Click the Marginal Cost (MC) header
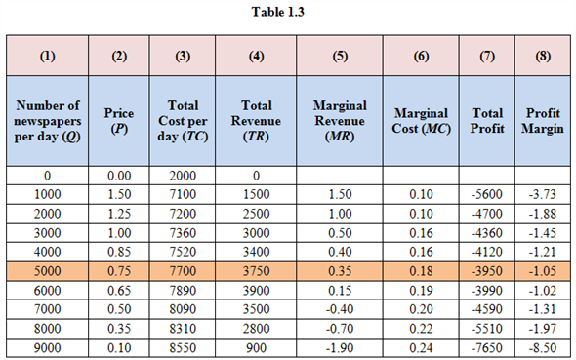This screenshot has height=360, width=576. point(420,121)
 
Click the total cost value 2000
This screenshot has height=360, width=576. point(184,177)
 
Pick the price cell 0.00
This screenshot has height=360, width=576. point(119,177)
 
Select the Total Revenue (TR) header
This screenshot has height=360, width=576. point(256,121)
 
